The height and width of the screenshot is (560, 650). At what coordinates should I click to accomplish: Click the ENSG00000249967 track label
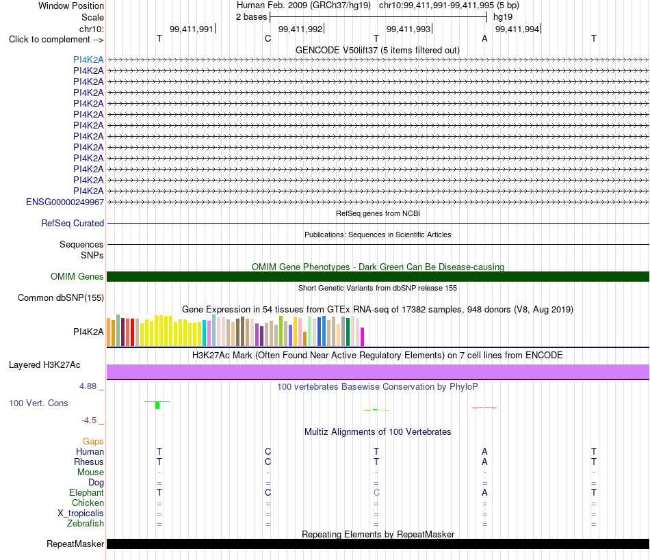pos(65,202)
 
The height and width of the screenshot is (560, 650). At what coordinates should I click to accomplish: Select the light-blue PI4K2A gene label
pos(88,60)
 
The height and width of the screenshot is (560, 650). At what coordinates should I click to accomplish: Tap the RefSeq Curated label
pos(73,224)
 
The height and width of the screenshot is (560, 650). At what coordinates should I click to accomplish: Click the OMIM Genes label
pos(77,277)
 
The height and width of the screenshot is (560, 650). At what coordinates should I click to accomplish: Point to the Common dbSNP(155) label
pos(61,298)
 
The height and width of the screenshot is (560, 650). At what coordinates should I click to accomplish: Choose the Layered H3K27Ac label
pos(44,365)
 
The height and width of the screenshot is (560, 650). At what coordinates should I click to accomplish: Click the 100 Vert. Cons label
pos(38,403)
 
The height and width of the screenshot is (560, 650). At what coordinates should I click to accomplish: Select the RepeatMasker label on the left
pos(75,544)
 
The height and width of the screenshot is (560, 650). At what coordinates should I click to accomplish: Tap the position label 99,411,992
pos(300,29)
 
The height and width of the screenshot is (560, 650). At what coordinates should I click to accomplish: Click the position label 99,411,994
pos(517,29)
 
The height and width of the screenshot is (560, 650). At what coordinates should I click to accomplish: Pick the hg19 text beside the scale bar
pos(503,17)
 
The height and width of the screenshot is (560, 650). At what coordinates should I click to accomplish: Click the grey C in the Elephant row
pos(376,492)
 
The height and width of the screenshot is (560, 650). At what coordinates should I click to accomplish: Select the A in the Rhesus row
pos(484,462)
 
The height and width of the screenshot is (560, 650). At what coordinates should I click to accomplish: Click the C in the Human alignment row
pos(268,451)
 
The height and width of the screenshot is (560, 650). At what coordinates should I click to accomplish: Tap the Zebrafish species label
pos(86,523)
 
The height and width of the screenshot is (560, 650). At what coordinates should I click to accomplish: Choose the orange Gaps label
pos(93,442)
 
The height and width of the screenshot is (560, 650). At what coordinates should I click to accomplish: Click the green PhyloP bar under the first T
pos(157,405)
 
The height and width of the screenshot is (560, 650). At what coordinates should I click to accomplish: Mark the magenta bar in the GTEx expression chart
pos(363,336)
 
